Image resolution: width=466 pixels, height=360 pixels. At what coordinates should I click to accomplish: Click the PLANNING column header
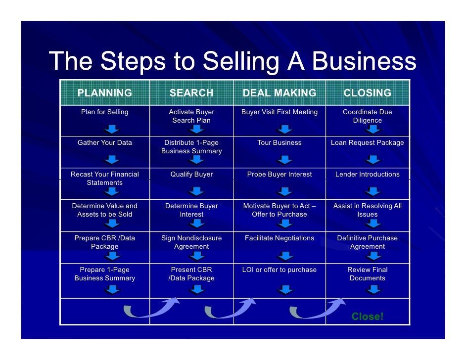pos(104,93)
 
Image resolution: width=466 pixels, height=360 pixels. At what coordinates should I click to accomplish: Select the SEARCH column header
pos(191,93)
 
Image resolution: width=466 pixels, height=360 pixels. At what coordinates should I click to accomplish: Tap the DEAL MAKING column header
pos(280,93)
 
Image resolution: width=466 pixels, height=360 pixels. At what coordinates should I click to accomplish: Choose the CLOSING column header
pos(367,93)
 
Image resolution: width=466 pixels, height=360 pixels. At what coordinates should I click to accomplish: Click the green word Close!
pos(367,316)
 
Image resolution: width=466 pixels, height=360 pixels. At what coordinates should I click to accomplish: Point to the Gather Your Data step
pos(105,142)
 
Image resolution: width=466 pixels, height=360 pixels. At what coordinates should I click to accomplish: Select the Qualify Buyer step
pos(191,174)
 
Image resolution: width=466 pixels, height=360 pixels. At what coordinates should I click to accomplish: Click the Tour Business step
pos(280,142)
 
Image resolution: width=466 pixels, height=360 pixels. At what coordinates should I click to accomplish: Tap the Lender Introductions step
pos(367,174)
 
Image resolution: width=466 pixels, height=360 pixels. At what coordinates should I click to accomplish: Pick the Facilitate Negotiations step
pos(280,238)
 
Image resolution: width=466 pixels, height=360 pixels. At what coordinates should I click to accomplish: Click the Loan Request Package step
pos(367,142)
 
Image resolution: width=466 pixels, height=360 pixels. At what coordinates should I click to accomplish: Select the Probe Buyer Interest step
pos(280,174)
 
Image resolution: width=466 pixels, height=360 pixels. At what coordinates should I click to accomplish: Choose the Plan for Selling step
pos(105,112)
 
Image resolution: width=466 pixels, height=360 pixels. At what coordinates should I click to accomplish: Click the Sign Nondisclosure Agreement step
pos(191,242)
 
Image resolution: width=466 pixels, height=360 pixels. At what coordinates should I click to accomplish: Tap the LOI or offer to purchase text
pos(280,270)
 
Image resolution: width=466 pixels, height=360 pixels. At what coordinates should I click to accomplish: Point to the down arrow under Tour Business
pos(284,160)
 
